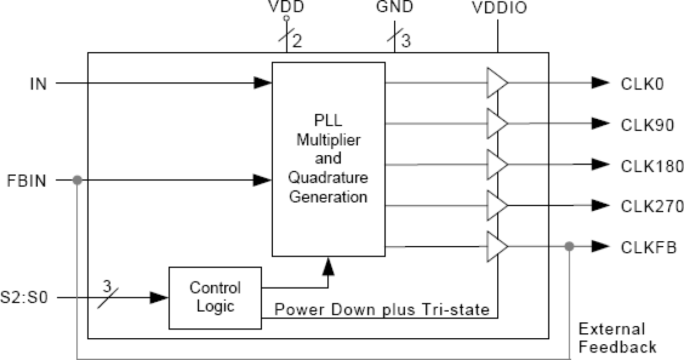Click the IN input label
(x=38, y=84)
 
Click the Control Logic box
(x=215, y=297)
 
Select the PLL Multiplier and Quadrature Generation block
(x=328, y=158)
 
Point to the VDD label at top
(x=286, y=9)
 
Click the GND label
(x=394, y=9)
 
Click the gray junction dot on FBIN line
(x=77, y=180)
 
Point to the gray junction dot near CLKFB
(x=569, y=247)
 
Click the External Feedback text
(x=616, y=338)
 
